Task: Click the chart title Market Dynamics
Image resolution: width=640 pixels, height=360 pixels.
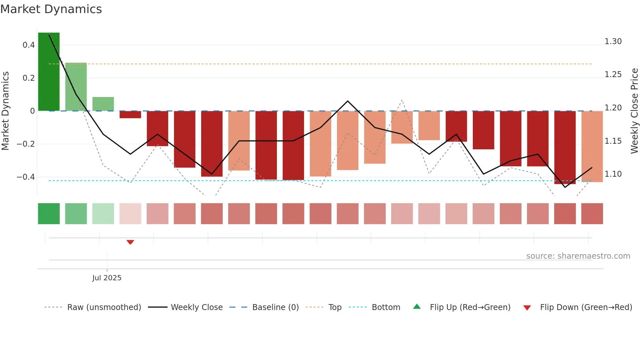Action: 51,9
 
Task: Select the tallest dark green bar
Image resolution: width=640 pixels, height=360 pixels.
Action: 49,72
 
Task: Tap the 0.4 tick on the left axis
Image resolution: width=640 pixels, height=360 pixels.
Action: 29,45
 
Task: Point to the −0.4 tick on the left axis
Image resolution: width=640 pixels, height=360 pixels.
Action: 26,177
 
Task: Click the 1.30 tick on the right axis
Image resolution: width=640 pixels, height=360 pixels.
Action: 613,41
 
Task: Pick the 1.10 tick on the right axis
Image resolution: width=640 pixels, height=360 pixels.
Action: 613,174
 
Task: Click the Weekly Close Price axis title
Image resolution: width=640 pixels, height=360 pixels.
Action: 634,111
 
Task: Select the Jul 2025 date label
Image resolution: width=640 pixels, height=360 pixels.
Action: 107,278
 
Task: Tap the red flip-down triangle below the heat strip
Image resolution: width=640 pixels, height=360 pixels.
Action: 130,242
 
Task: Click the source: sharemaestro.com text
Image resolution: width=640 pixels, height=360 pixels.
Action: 578,256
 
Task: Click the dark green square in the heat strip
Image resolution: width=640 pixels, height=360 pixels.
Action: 49,214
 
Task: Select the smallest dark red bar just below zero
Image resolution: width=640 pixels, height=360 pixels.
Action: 130,115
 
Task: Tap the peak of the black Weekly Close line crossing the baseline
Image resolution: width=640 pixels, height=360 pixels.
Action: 347,101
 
